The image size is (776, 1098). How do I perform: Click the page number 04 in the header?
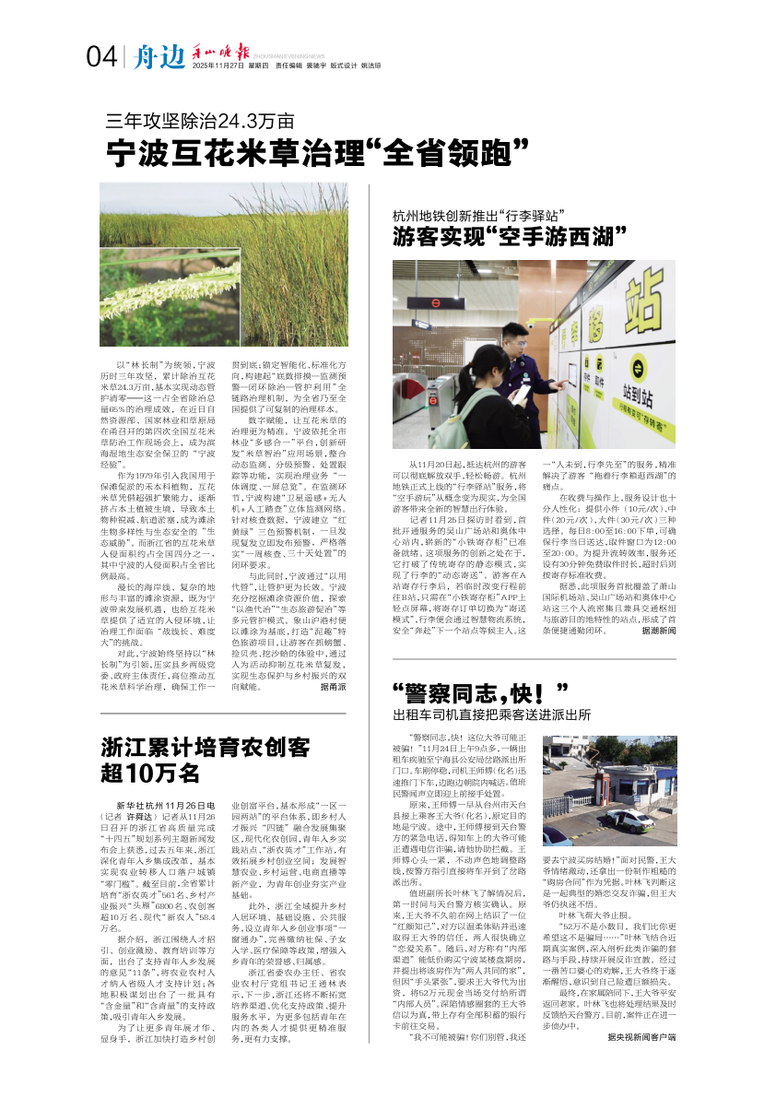click(101, 58)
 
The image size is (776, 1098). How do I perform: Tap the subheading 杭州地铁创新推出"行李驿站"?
click(478, 216)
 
